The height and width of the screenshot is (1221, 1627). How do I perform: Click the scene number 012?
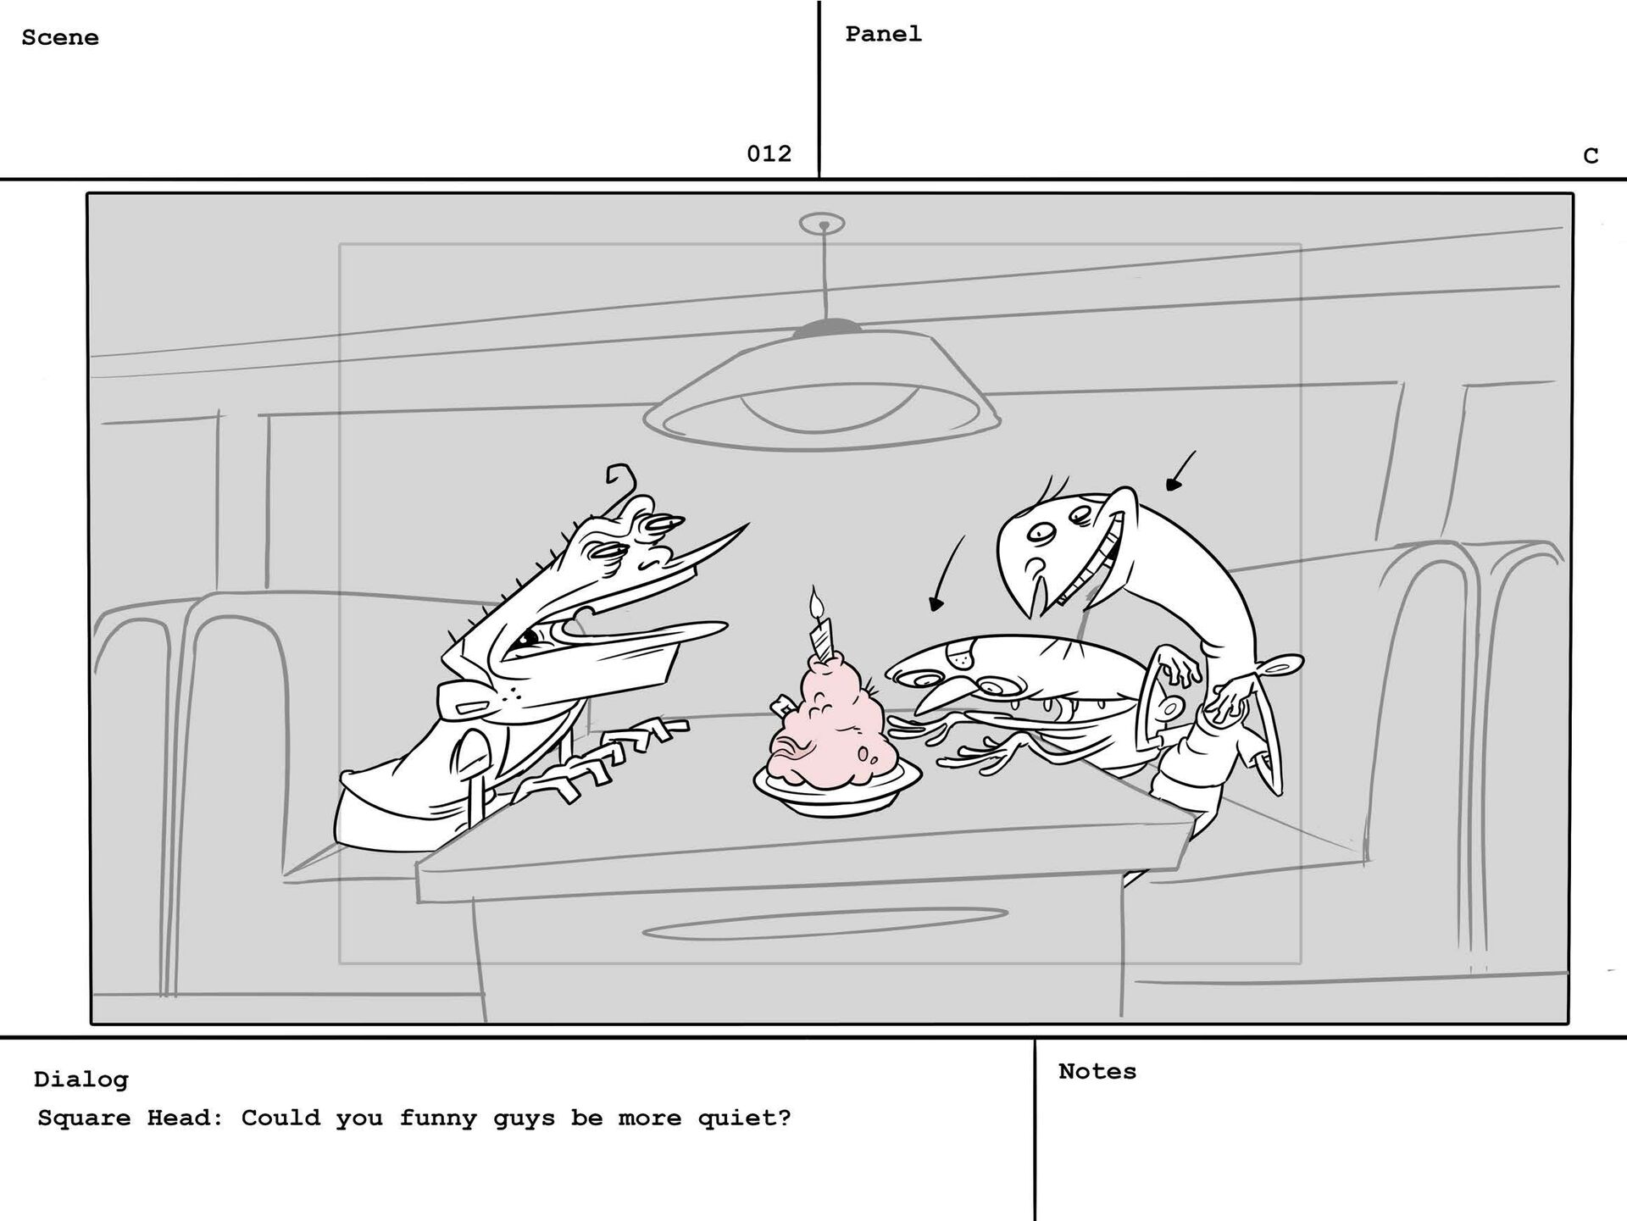click(x=769, y=153)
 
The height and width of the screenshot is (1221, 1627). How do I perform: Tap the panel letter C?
click(x=1591, y=156)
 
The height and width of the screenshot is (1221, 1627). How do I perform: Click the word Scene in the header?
click(x=60, y=37)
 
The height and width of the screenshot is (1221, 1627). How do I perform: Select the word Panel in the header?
click(x=883, y=34)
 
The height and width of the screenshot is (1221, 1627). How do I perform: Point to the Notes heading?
click(x=1097, y=1071)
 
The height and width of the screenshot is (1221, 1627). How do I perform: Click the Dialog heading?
click(x=81, y=1079)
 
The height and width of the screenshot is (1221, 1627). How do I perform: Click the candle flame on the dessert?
click(x=816, y=603)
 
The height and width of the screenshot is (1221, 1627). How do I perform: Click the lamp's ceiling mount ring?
click(x=822, y=224)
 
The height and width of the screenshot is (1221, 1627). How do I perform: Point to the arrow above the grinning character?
click(x=1181, y=470)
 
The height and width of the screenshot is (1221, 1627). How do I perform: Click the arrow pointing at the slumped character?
click(x=947, y=574)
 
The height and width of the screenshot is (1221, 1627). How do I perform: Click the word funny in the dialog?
click(x=438, y=1118)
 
